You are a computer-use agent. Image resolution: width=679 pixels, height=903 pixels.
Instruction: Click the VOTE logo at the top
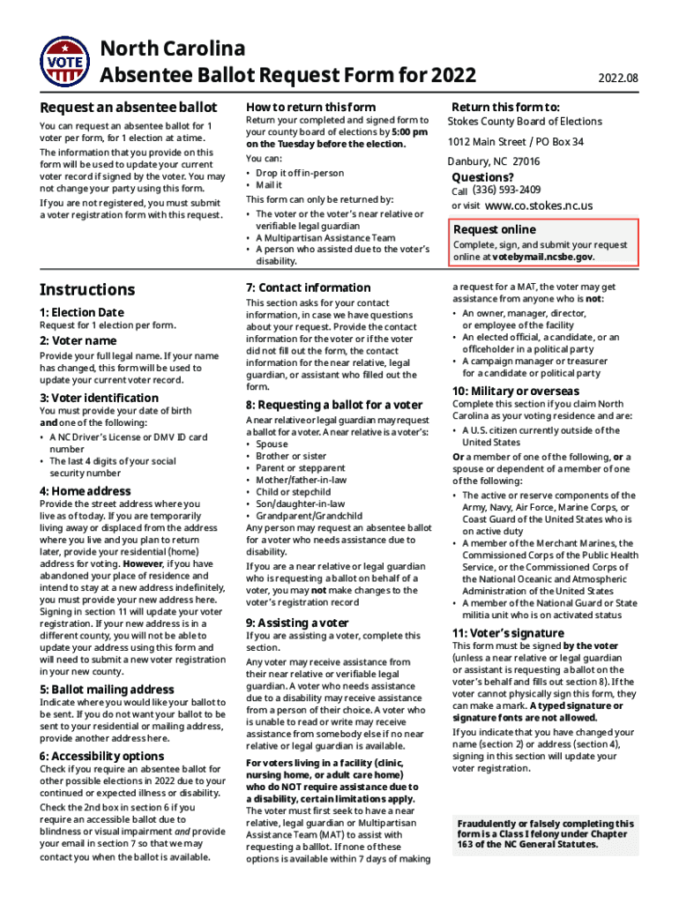pyautogui.click(x=64, y=63)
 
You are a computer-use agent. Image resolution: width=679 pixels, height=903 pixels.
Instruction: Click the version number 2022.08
pyautogui.click(x=617, y=78)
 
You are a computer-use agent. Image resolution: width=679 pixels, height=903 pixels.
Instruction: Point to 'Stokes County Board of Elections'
pyautogui.click(x=525, y=122)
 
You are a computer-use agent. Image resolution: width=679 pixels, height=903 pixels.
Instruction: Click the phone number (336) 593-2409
pyautogui.click(x=506, y=190)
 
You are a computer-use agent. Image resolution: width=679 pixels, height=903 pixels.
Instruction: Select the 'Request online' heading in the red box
pyautogui.click(x=494, y=229)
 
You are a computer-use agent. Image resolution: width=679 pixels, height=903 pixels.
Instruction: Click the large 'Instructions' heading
pyautogui.click(x=87, y=289)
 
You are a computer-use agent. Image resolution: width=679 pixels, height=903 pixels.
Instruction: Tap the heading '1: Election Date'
pyautogui.click(x=82, y=312)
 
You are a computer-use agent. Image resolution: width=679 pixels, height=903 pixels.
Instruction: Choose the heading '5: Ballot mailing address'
pyautogui.click(x=107, y=690)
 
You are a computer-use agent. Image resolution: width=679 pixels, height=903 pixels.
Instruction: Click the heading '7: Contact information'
pyautogui.click(x=309, y=287)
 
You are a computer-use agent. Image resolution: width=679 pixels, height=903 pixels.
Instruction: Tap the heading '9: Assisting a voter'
pyautogui.click(x=297, y=623)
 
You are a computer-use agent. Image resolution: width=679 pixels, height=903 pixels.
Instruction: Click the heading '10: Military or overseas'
pyautogui.click(x=516, y=391)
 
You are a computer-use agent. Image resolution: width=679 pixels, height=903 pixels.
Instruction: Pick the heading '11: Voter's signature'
pyautogui.click(x=508, y=633)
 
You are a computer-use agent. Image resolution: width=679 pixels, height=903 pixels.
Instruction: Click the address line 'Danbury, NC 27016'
pyautogui.click(x=494, y=161)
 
